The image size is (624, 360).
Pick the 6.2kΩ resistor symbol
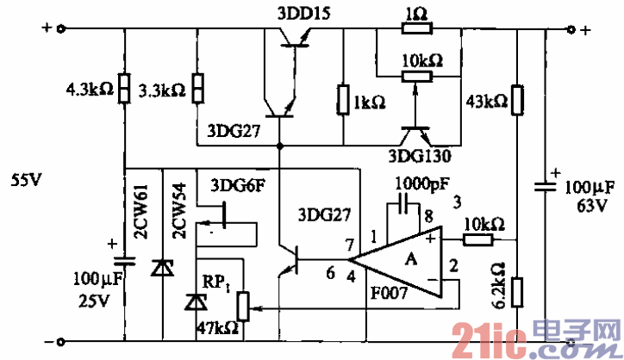click(x=516, y=292)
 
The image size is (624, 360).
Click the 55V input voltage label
click(x=26, y=181)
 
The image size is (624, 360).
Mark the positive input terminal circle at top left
click(x=60, y=28)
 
